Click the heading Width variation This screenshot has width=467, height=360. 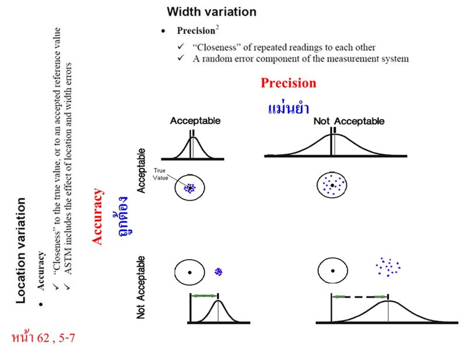point(211,11)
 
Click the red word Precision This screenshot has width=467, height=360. point(288,83)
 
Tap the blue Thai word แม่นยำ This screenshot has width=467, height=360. point(288,108)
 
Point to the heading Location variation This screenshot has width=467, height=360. point(20,250)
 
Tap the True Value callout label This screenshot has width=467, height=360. point(160,173)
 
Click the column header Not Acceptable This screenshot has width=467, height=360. point(349,121)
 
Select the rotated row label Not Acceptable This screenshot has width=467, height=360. point(141,286)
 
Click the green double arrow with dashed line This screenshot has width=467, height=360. point(360,296)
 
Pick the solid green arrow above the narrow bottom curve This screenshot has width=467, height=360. point(204,296)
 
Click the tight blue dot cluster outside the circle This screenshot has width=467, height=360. point(219,271)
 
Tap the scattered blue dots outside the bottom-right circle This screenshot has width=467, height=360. point(388,267)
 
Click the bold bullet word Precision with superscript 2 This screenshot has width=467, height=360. point(198,31)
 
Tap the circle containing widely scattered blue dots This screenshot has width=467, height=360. point(332,185)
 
